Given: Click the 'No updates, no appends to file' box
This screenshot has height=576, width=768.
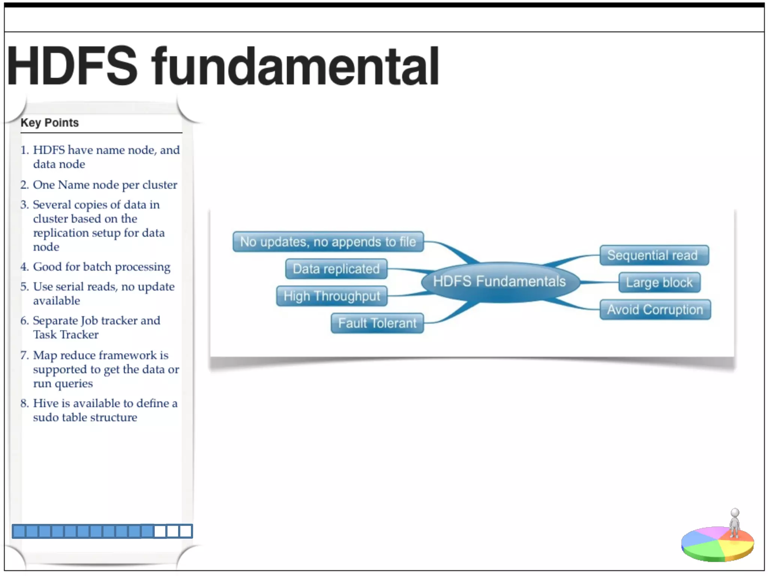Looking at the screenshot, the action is coord(328,242).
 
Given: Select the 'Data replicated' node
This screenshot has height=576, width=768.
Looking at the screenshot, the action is coord(336,269).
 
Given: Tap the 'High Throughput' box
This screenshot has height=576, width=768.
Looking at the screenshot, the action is coord(332,296).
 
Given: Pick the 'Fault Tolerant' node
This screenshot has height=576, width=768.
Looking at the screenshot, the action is coord(377,323).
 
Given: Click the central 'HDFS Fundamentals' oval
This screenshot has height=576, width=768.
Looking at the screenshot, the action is coord(499,282).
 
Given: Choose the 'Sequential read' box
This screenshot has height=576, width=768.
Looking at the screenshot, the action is coord(654,255).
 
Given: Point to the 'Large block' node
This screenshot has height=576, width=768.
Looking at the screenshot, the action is coord(659,282).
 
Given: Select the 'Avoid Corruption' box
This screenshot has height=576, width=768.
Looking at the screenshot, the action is coord(655,310).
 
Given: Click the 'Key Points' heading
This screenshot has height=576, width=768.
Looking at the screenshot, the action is coord(49,123).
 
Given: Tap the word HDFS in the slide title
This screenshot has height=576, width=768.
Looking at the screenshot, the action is coord(72,67).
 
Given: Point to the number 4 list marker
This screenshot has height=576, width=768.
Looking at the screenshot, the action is coord(24,267).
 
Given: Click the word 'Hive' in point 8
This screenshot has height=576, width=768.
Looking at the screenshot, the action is coord(45,403).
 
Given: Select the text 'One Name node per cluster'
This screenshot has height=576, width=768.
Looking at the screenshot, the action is coord(105,184).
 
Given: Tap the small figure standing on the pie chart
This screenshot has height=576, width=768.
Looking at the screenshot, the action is coord(735,523).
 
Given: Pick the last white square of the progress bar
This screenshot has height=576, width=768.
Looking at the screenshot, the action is coord(186,531).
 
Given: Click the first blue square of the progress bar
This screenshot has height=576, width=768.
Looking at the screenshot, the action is coord(19,531).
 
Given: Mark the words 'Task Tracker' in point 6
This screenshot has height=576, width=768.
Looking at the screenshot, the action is coord(66,334).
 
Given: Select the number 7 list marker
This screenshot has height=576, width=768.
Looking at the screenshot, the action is coord(24,355).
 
